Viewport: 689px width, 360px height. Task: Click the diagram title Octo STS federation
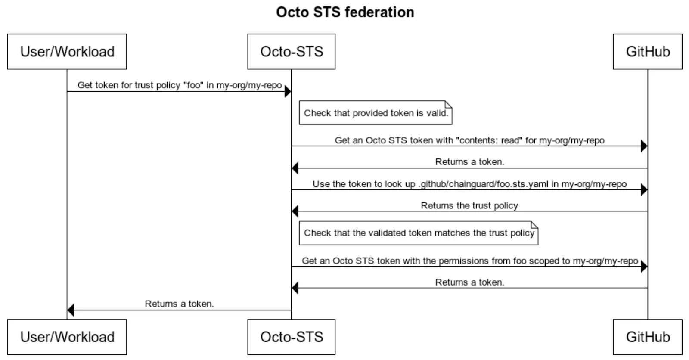point(345,12)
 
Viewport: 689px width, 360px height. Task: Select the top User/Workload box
point(67,52)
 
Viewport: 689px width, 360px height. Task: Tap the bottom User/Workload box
point(67,337)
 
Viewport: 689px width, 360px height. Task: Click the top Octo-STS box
point(291,52)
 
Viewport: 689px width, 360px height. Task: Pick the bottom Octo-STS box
point(291,337)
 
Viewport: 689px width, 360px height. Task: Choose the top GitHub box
point(647,52)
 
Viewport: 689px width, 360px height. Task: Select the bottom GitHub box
point(647,337)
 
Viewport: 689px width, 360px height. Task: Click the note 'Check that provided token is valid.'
point(376,113)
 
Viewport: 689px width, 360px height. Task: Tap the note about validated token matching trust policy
point(419,233)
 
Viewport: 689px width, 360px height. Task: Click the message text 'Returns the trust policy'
point(469,205)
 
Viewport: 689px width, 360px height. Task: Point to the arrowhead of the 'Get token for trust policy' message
point(288,91)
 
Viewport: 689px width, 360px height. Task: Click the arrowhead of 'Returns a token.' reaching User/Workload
point(71,310)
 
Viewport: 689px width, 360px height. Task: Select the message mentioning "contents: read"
point(469,140)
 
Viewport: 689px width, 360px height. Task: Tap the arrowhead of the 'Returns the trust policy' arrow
point(295,211)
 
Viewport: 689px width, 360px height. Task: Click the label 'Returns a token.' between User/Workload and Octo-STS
point(179,304)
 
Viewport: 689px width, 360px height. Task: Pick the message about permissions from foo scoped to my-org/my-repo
point(469,261)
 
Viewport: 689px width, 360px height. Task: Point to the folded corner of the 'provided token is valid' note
point(448,104)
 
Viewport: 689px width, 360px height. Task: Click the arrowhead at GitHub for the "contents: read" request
point(644,146)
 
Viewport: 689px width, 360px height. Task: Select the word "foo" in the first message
point(193,85)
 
